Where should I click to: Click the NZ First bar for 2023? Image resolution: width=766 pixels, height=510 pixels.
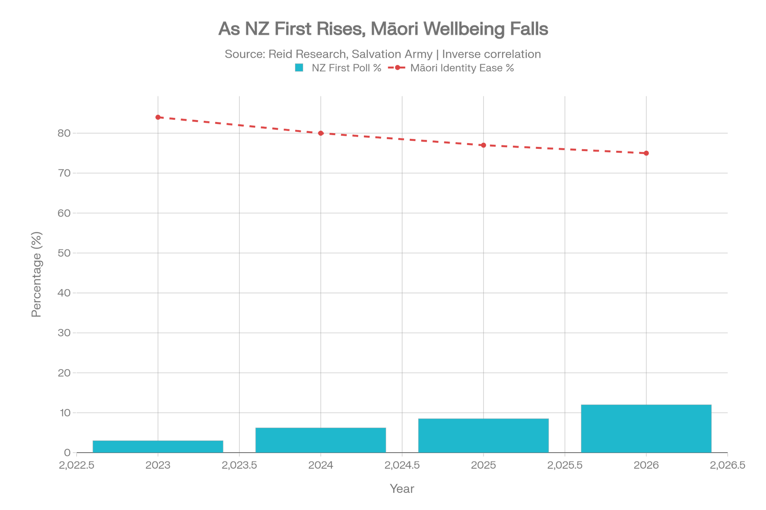[x=158, y=446]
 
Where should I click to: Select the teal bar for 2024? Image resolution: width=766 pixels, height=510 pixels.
[x=321, y=440]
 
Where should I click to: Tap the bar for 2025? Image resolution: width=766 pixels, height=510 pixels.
[x=483, y=435]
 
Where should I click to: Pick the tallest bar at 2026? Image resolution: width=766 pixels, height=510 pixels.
[x=646, y=429]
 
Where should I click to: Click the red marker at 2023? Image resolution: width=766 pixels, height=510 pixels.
[x=158, y=117]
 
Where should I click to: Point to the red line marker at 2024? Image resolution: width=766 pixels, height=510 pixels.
[x=321, y=133]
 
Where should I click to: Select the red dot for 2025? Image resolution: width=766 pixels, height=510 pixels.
[x=484, y=145]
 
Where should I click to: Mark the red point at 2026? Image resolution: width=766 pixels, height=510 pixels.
[x=647, y=153]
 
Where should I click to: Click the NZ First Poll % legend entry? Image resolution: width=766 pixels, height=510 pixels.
[x=339, y=68]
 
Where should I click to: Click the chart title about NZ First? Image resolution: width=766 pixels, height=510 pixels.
[x=383, y=29]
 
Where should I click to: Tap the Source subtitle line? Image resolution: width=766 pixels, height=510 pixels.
[x=383, y=54]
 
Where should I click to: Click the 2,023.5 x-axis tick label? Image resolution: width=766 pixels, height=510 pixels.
[x=239, y=465]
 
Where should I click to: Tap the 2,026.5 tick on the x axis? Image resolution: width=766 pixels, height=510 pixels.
[x=727, y=465]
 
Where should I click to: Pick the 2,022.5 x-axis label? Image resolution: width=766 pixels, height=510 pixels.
[x=77, y=465]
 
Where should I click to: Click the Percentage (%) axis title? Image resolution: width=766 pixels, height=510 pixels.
[x=36, y=274]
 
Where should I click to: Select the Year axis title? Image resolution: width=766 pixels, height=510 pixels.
[x=402, y=489]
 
